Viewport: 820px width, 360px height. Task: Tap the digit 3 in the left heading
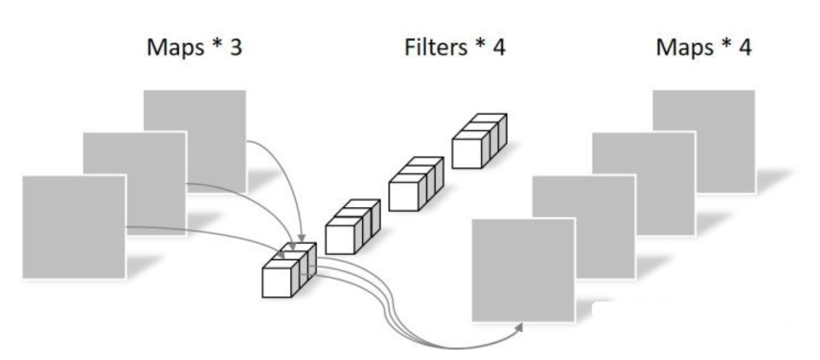click(236, 48)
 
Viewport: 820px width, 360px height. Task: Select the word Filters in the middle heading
click(435, 48)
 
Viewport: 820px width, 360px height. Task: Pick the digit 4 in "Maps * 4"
click(745, 48)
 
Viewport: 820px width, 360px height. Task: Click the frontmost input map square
click(74, 227)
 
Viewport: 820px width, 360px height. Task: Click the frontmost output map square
click(523, 270)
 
